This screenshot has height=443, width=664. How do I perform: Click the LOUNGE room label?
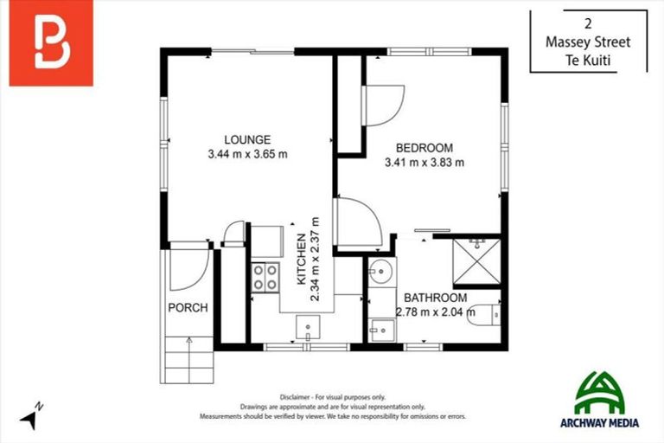point(247,139)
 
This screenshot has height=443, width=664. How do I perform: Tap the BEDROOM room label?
point(424,147)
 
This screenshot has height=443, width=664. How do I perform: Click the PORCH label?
point(188,307)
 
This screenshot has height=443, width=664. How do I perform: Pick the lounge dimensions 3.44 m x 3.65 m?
point(247,154)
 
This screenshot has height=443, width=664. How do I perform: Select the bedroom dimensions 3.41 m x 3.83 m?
point(424,162)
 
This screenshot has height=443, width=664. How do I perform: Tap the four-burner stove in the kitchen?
point(265,277)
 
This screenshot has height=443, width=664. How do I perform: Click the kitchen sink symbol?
point(309,328)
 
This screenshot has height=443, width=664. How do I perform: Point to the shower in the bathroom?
point(476,261)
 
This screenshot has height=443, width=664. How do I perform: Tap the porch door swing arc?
point(188,269)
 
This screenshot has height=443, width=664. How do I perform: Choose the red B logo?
point(51,44)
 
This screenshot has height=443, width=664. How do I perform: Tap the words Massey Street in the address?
point(588,42)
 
